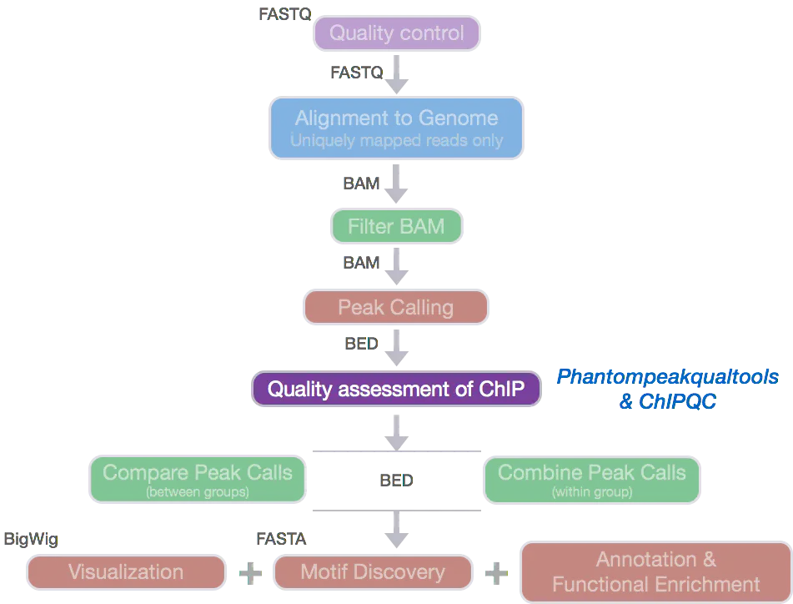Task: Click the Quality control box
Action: click(x=397, y=34)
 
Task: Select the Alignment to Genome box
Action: click(x=396, y=128)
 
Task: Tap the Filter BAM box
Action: click(x=396, y=226)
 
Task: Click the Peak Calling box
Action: click(x=396, y=307)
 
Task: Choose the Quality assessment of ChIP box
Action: click(x=396, y=389)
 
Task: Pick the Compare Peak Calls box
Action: click(x=198, y=480)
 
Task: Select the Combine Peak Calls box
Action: click(x=592, y=480)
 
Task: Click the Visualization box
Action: click(x=126, y=572)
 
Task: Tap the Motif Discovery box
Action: click(x=373, y=572)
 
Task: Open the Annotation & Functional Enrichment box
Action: click(x=655, y=571)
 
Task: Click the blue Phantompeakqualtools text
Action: click(x=667, y=376)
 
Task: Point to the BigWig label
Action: click(x=31, y=540)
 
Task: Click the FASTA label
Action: click(x=281, y=540)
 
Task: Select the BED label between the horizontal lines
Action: click(x=396, y=481)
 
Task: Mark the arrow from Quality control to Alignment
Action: click(x=398, y=75)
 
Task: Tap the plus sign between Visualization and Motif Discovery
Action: click(x=250, y=572)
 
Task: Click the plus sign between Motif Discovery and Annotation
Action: click(x=496, y=572)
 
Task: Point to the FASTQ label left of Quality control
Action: click(x=284, y=13)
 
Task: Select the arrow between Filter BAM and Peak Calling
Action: click(x=397, y=267)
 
